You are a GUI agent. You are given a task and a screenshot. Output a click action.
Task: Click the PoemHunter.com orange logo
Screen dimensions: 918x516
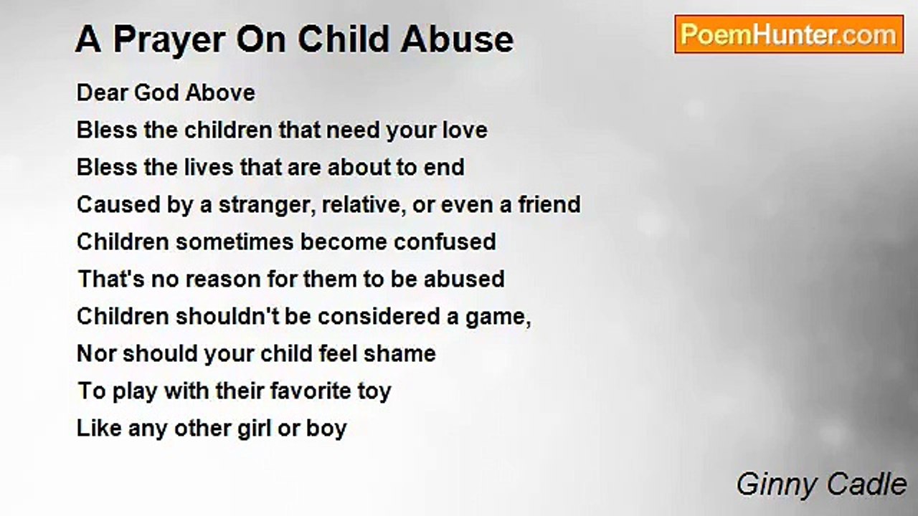(x=789, y=34)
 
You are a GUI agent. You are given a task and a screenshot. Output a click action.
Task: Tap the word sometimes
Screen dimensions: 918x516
(x=235, y=242)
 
